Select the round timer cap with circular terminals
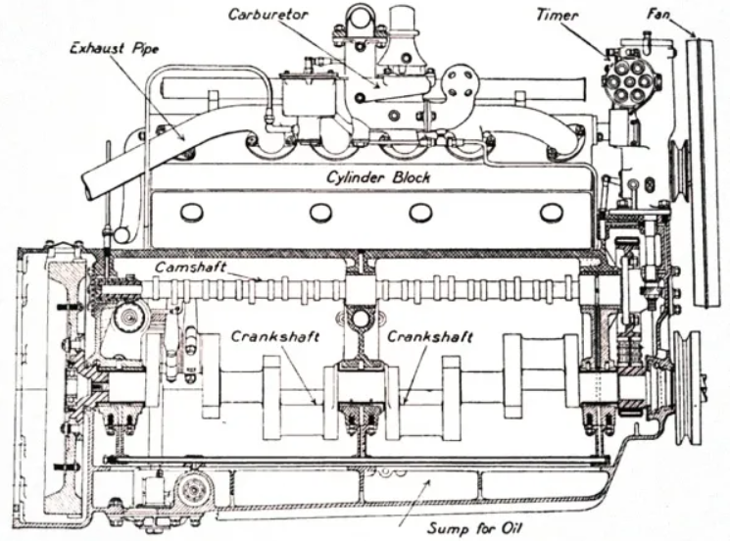(624, 77)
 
